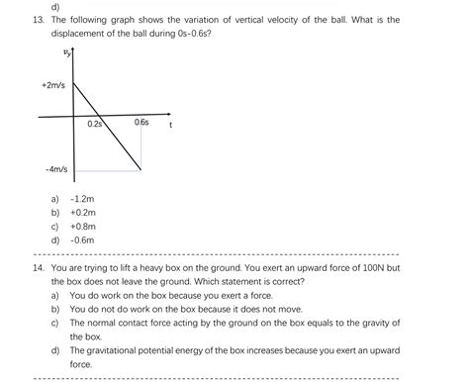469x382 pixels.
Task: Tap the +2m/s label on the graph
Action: [54, 86]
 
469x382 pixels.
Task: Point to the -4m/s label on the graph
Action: [55, 169]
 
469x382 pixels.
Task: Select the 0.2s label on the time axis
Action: [95, 124]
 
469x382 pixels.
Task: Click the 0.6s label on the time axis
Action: [141, 123]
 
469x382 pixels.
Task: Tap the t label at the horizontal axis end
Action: [171, 126]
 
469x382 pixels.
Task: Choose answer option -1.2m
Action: [82, 198]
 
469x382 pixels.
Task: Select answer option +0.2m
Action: [82, 212]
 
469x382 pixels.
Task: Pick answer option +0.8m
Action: [82, 226]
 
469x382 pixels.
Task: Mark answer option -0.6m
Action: [82, 239]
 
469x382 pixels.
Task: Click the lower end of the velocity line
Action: [141, 169]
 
